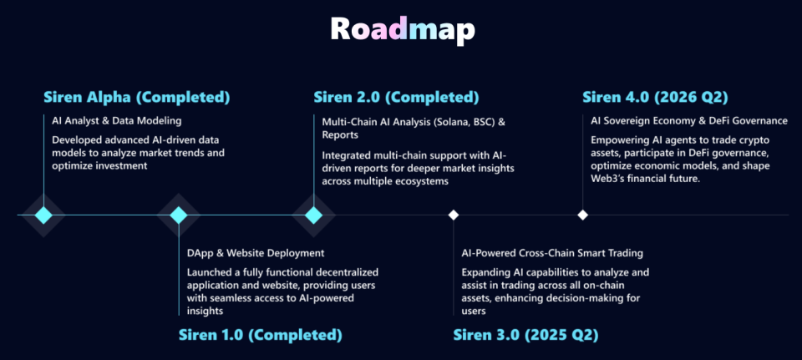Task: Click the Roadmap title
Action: coord(402,30)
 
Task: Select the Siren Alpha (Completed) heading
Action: coord(137,98)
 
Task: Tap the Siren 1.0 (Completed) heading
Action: coord(260,335)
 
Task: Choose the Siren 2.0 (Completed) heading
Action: coord(396,98)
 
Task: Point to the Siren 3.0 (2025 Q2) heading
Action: coord(525,335)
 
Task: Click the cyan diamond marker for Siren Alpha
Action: coord(43,215)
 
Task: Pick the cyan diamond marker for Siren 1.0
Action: coord(179,215)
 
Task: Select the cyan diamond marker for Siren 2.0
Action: coord(314,215)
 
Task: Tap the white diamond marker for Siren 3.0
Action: coord(453,215)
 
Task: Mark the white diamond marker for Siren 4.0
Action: coord(583,215)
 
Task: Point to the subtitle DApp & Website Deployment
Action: coord(256,252)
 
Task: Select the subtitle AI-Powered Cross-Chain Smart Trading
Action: coord(552,252)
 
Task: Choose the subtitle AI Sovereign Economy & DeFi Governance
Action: coord(688,121)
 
